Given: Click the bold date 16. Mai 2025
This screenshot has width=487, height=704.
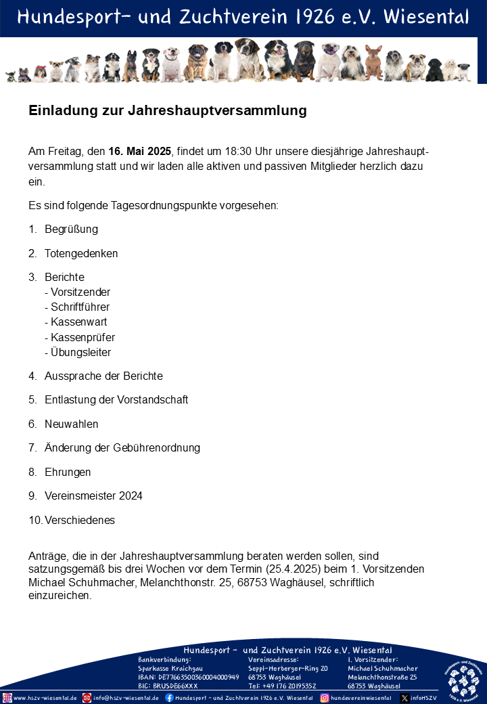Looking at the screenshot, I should tap(139, 150).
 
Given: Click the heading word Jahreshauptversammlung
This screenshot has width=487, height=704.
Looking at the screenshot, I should tap(232, 110).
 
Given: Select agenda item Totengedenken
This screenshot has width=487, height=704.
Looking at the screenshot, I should tap(81, 254).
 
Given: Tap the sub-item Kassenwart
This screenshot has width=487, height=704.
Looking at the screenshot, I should tap(78, 322).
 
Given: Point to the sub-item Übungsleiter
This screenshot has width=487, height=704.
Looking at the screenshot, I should tap(80, 353).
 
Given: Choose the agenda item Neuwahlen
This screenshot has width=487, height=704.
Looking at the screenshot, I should tap(71, 424).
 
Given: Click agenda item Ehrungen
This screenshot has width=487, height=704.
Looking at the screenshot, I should tap(68, 472).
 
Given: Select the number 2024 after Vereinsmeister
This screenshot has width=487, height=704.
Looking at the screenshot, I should tap(131, 496).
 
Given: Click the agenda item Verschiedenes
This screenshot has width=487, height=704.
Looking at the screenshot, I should tap(80, 521).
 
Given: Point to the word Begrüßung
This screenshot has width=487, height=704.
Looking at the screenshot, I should tap(71, 229).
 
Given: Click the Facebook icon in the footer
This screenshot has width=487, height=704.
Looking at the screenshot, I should tap(169, 698).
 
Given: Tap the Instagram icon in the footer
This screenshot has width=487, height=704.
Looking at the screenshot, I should tap(325, 698).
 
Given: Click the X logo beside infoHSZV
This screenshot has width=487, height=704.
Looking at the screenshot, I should tap(404, 698).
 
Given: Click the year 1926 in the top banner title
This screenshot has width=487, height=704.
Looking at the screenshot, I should tap(321, 17).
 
